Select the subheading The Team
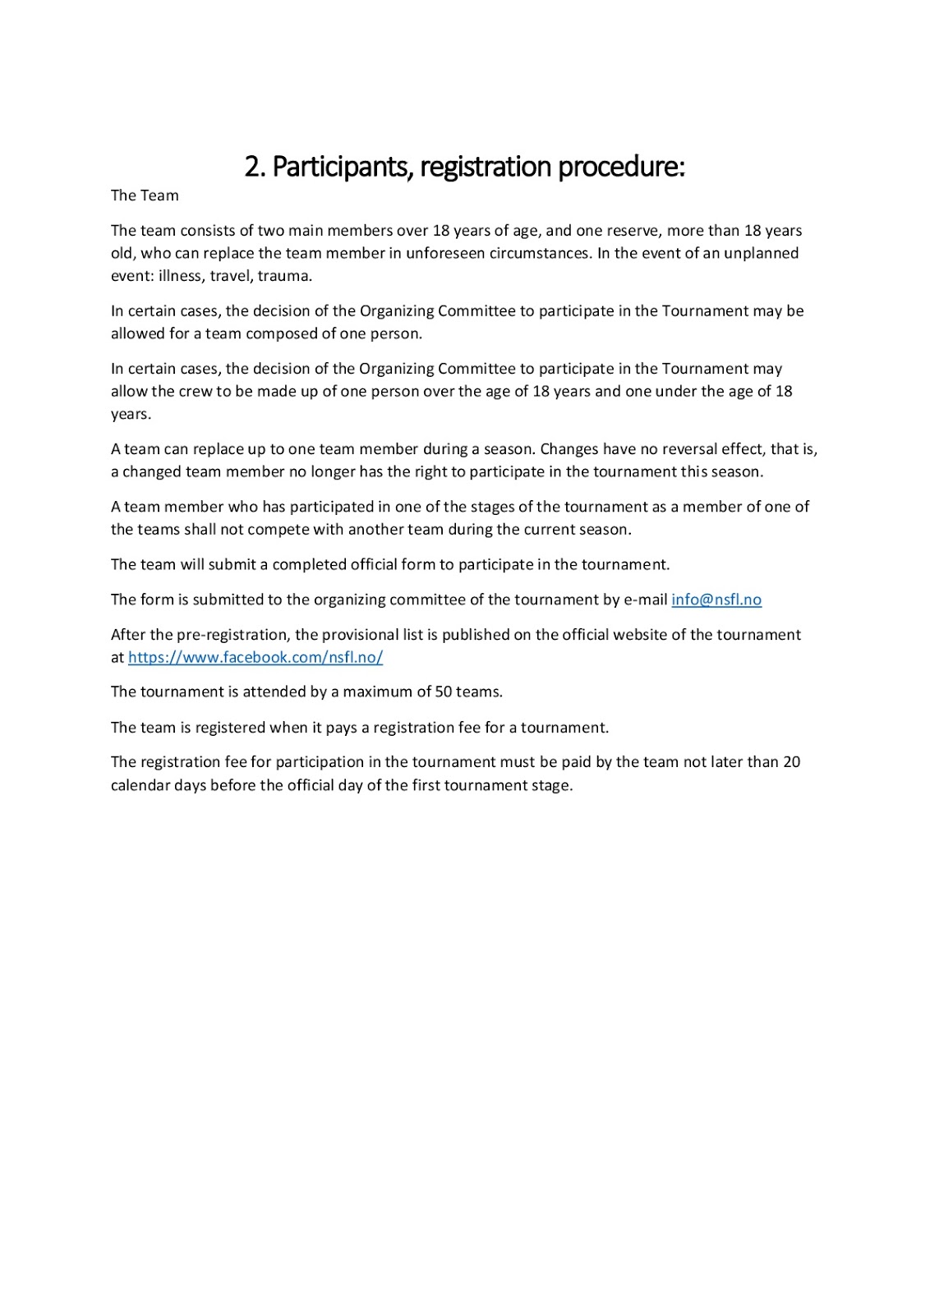pyautogui.click(x=145, y=195)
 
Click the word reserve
pyautogui.click(x=633, y=231)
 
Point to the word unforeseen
pyautogui.click(x=445, y=253)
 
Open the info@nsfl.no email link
pyautogui.click(x=716, y=600)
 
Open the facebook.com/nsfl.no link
pyautogui.click(x=256, y=657)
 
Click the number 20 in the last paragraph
pyautogui.click(x=791, y=762)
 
